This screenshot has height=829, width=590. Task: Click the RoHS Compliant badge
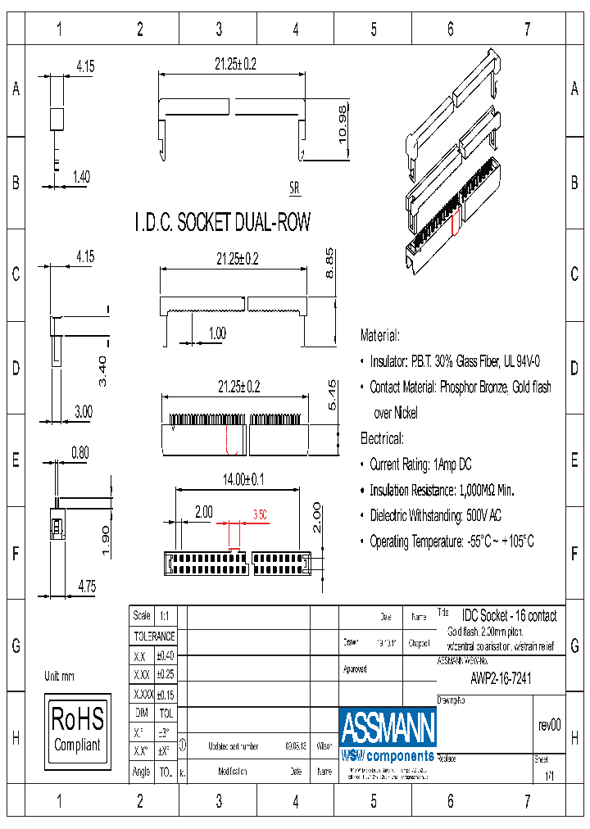[x=77, y=729]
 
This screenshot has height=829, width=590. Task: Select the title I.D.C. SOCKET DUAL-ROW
[x=222, y=222]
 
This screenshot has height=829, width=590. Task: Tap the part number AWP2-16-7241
[x=501, y=678]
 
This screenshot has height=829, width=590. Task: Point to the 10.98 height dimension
[x=344, y=125]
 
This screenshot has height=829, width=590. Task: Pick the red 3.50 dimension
[x=260, y=514]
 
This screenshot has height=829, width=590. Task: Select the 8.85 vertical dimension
[x=329, y=261]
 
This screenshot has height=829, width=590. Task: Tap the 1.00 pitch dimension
[x=217, y=333]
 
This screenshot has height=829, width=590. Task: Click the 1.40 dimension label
[x=81, y=175]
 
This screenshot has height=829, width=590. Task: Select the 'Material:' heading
[x=380, y=335]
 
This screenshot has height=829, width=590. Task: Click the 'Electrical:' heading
[x=382, y=438]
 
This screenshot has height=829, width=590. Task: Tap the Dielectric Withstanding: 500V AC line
[x=435, y=516]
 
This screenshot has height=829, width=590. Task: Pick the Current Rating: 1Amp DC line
[x=420, y=464]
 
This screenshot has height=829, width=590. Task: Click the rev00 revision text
[x=549, y=725]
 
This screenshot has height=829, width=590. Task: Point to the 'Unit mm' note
[x=59, y=676]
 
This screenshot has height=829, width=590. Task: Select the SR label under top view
[x=294, y=188]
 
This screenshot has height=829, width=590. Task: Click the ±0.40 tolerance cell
[x=165, y=655]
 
